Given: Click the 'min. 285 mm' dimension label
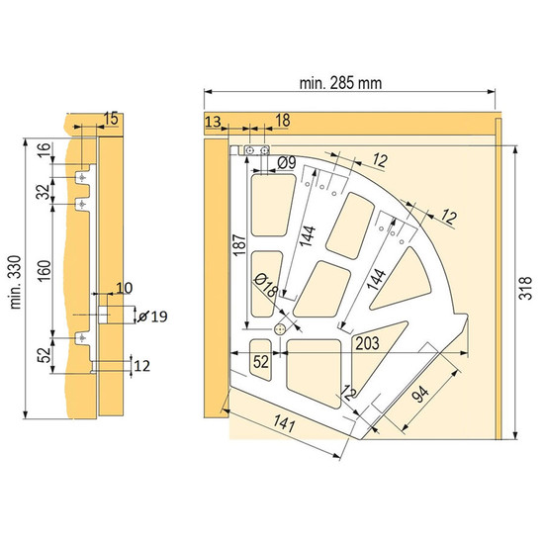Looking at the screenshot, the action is (340, 83).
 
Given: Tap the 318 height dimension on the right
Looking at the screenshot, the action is (526, 288).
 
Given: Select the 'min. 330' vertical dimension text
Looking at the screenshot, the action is (16, 282).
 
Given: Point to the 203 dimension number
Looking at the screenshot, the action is (367, 343).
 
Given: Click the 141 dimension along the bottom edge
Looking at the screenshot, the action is (284, 423).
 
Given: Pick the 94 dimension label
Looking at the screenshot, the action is (421, 394).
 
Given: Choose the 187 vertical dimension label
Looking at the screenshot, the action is (239, 245).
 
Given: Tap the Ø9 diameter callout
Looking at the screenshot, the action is (287, 162).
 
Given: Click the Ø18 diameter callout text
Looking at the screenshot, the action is (266, 285).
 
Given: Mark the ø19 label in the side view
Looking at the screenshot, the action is (152, 317).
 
